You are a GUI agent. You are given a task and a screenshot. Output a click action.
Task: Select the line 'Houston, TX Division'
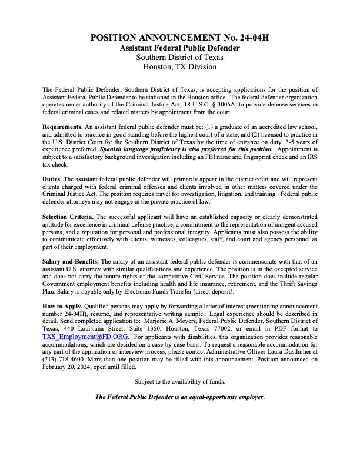point(180,66)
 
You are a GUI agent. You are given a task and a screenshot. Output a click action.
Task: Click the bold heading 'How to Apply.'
point(63,307)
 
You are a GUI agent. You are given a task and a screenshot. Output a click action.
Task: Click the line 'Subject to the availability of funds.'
point(180,381)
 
